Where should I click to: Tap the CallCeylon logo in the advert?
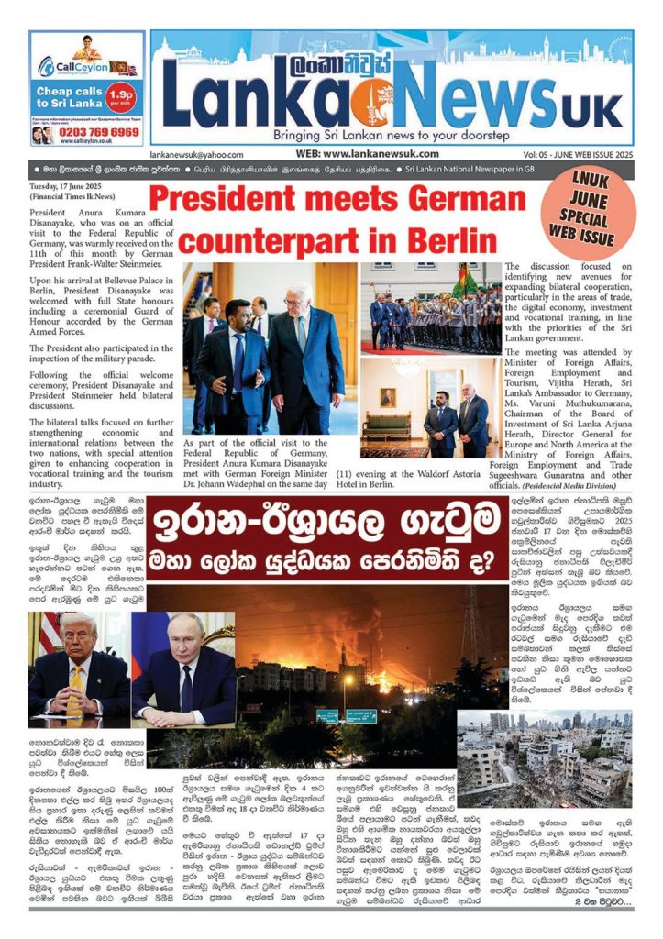click(72, 65)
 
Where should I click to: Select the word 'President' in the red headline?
click(220, 199)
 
